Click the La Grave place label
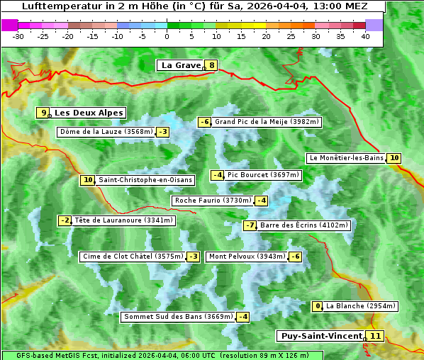(x=181, y=65)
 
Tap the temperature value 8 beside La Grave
(x=211, y=66)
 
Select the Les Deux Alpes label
(x=89, y=113)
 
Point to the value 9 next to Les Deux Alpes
(x=44, y=113)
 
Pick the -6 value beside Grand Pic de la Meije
(x=204, y=122)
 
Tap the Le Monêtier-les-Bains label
(x=346, y=158)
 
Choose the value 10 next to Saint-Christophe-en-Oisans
(x=88, y=180)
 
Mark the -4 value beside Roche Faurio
(x=262, y=201)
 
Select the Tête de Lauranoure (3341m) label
(x=123, y=220)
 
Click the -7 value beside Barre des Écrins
(x=250, y=225)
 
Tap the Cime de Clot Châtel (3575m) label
(x=132, y=257)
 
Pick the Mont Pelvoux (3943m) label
(x=247, y=257)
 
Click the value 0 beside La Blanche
(x=318, y=306)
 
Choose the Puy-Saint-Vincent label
(x=320, y=336)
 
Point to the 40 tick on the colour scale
(x=365, y=35)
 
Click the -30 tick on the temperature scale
(x=18, y=35)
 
